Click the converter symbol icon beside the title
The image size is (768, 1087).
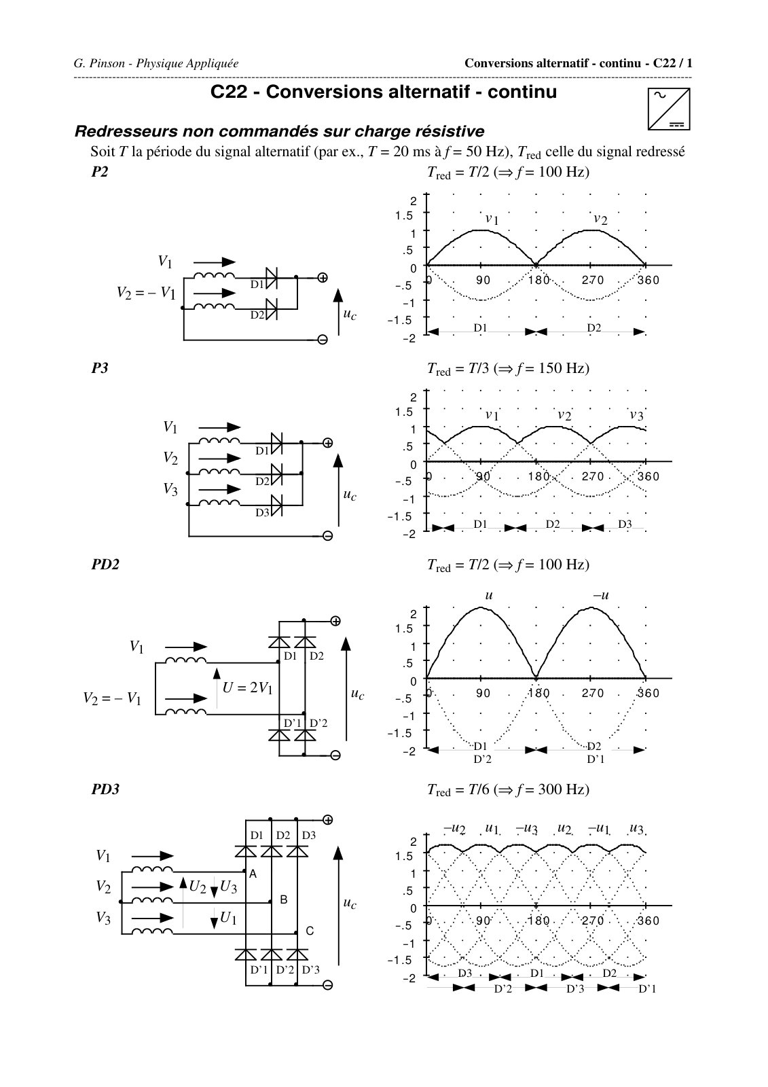[x=669, y=109]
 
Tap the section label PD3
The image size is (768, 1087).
[x=105, y=789]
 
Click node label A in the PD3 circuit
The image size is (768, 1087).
[x=253, y=874]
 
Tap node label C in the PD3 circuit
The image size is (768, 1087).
[x=310, y=931]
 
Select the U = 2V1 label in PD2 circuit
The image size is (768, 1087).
[x=247, y=688]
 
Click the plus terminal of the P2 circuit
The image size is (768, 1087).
[x=323, y=278]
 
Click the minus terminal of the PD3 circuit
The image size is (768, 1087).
[x=328, y=985]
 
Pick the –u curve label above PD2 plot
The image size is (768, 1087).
[x=601, y=595]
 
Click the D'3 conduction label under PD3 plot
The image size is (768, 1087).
[x=575, y=988]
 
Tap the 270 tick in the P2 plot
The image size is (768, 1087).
[x=592, y=280]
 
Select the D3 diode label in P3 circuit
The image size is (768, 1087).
[x=263, y=512]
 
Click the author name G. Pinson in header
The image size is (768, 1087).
[x=99, y=64]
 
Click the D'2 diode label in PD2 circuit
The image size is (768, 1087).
[x=318, y=723]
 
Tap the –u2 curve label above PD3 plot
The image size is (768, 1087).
[x=454, y=829]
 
